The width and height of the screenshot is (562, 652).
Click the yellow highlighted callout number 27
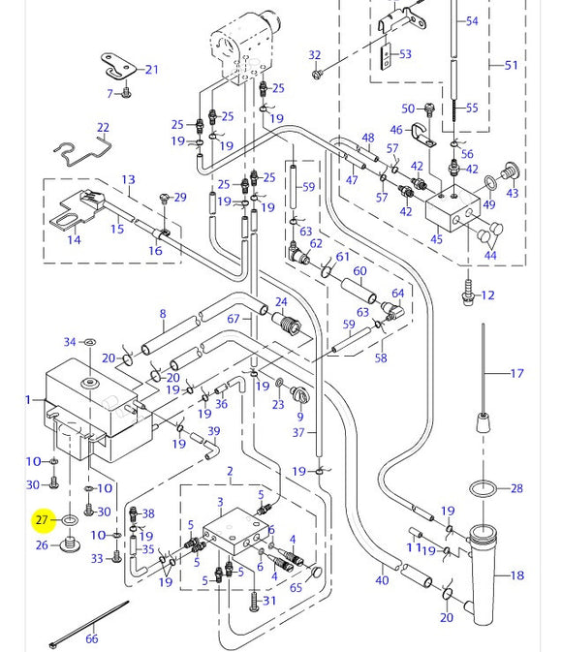coord(42,521)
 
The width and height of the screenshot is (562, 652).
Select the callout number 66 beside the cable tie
coord(92,639)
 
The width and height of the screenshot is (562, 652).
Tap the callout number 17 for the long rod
coord(516,373)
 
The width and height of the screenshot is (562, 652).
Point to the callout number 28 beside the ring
coord(515,489)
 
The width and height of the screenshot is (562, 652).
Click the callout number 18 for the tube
coord(516,575)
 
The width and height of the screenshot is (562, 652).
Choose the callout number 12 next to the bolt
coord(487,295)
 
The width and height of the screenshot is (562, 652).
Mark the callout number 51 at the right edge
coord(511,66)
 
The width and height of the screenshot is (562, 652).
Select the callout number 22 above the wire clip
coord(103,128)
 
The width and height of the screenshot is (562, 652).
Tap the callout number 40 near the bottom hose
coord(382,580)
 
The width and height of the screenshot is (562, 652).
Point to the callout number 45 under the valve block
coord(436,240)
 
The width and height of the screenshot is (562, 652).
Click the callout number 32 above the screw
coord(314,55)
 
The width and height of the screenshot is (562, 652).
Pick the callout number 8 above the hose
coord(163,314)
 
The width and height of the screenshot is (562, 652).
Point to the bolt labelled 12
coord(470,290)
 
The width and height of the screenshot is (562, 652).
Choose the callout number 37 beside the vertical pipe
coord(298,432)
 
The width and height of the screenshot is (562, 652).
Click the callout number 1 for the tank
coord(28,400)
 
